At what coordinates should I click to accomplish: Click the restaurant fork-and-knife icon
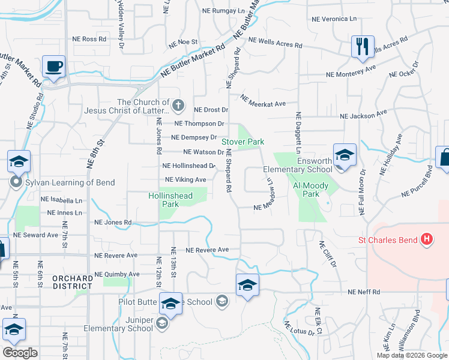tap(361, 47)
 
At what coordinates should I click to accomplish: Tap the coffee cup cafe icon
tap(54, 67)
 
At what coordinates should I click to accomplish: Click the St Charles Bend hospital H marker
tap(427, 240)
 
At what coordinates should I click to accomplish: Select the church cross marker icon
tap(178, 106)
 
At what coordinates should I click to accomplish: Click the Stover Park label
tap(243, 142)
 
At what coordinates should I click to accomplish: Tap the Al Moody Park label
tap(310, 190)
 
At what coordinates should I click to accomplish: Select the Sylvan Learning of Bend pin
tap(16, 181)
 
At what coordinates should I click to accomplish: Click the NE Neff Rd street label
tap(364, 292)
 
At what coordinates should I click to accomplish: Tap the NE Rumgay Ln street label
tap(223, 11)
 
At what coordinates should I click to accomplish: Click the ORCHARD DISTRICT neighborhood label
tap(72, 282)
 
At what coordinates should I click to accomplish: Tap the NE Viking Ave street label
tap(185, 179)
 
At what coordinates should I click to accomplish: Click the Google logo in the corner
tap(20, 353)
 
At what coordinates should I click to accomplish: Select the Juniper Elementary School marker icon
tap(161, 324)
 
